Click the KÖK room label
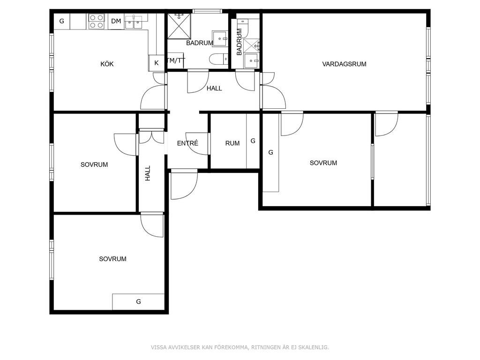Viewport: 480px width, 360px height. pyautogui.click(x=107, y=64)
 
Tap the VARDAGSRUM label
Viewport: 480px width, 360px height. pyautogui.click(x=345, y=64)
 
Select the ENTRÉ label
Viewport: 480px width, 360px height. pyautogui.click(x=187, y=143)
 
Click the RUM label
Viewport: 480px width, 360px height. pyautogui.click(x=232, y=143)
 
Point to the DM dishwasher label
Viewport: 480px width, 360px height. pyautogui.click(x=116, y=21)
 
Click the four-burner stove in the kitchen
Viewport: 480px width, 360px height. pyautogui.click(x=97, y=22)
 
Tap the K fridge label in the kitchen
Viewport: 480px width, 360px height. pyautogui.click(x=157, y=63)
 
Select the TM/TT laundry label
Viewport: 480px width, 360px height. pyautogui.click(x=176, y=60)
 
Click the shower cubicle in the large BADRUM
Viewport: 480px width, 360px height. pyautogui.click(x=179, y=26)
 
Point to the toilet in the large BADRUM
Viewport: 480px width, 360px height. pyautogui.click(x=219, y=59)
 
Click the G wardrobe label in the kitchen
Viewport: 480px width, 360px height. pyautogui.click(x=62, y=21)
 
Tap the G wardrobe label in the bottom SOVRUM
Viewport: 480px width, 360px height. pyautogui.click(x=138, y=301)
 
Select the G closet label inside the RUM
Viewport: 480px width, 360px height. pyautogui.click(x=253, y=141)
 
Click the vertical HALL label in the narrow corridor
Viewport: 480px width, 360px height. pyautogui.click(x=148, y=173)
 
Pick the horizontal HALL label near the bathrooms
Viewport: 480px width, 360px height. pyautogui.click(x=214, y=89)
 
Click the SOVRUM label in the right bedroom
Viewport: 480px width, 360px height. pyautogui.click(x=323, y=163)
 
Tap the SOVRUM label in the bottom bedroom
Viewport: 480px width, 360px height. pyautogui.click(x=112, y=259)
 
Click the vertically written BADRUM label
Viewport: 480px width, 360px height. pyautogui.click(x=240, y=42)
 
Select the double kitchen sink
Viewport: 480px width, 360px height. pyautogui.click(x=134, y=22)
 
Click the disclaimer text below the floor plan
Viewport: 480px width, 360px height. pyautogui.click(x=240, y=347)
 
